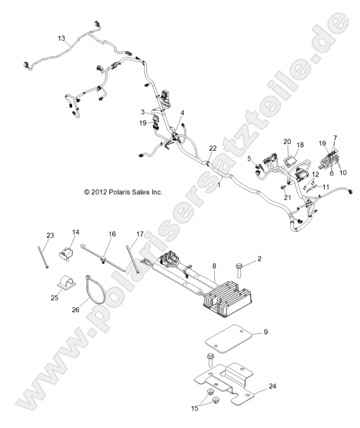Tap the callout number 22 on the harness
point(213,149)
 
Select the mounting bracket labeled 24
point(228,384)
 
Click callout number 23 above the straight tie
point(50,235)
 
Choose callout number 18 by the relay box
point(300,145)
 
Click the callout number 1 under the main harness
point(218,185)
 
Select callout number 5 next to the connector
point(249,158)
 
